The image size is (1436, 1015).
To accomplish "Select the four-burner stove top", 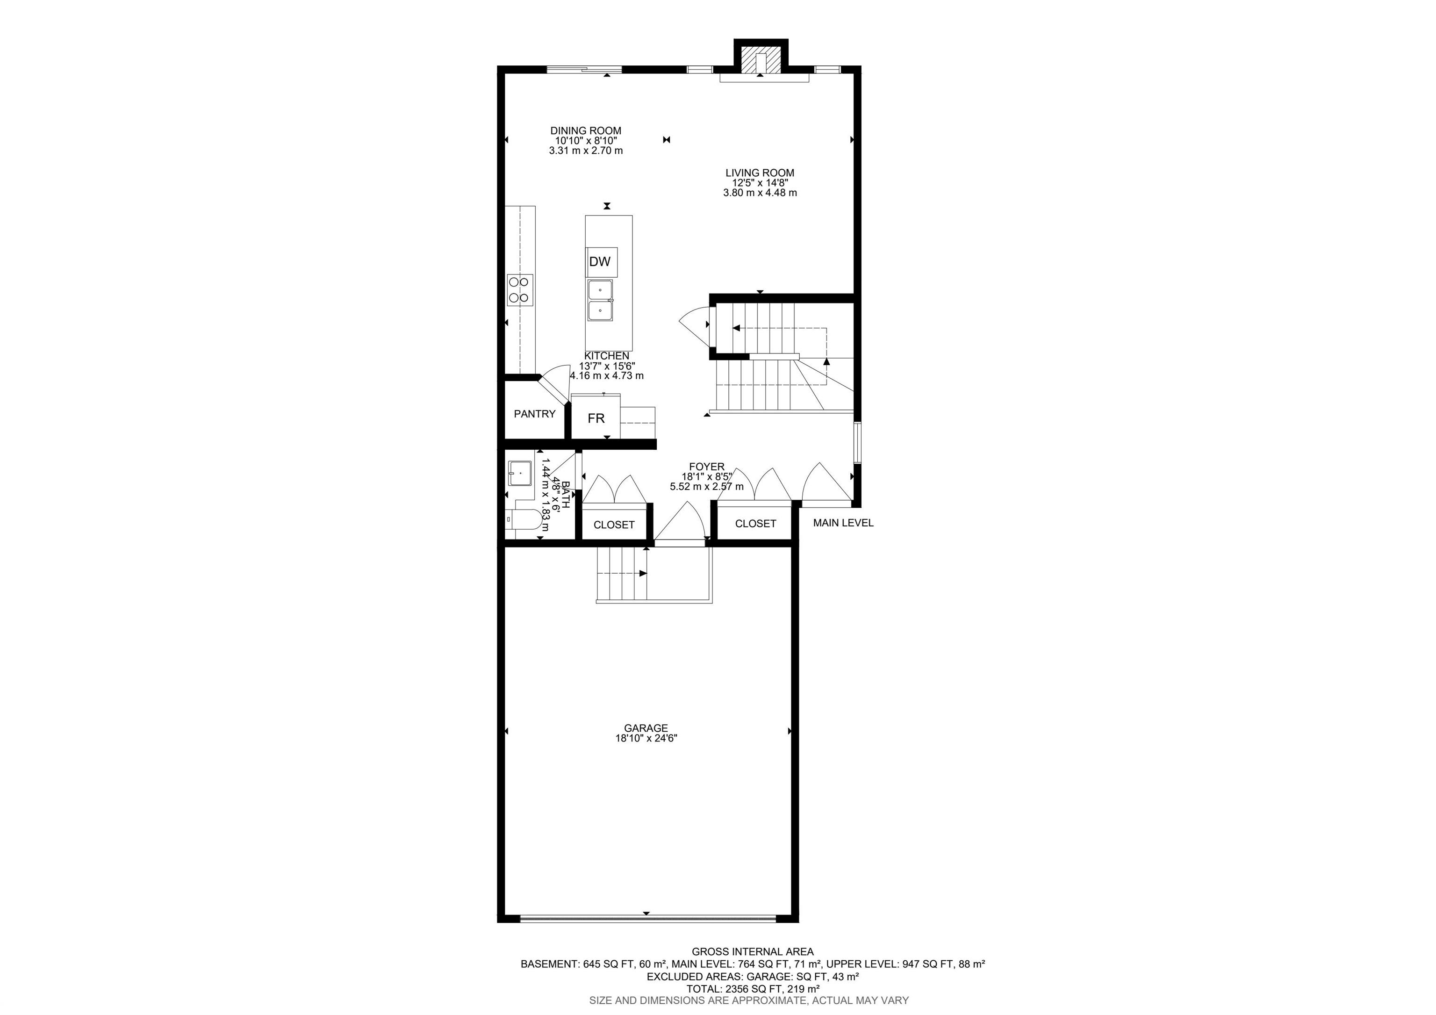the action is point(520,290).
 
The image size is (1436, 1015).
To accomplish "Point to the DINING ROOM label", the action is point(586,131).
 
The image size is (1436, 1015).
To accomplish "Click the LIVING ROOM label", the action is point(760,173).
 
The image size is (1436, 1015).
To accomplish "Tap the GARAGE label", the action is point(646,728).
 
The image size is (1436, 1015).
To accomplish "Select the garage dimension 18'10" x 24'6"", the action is point(646,738).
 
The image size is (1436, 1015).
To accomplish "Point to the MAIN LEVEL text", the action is point(843,523).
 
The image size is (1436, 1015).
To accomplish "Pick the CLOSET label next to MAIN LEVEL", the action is point(755,524).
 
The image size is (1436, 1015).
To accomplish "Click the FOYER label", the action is point(707,467).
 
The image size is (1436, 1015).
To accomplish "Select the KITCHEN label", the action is point(607,356).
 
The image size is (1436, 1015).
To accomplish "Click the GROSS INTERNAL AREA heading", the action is point(753,952).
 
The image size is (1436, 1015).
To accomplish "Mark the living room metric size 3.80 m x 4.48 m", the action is point(760,193).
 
